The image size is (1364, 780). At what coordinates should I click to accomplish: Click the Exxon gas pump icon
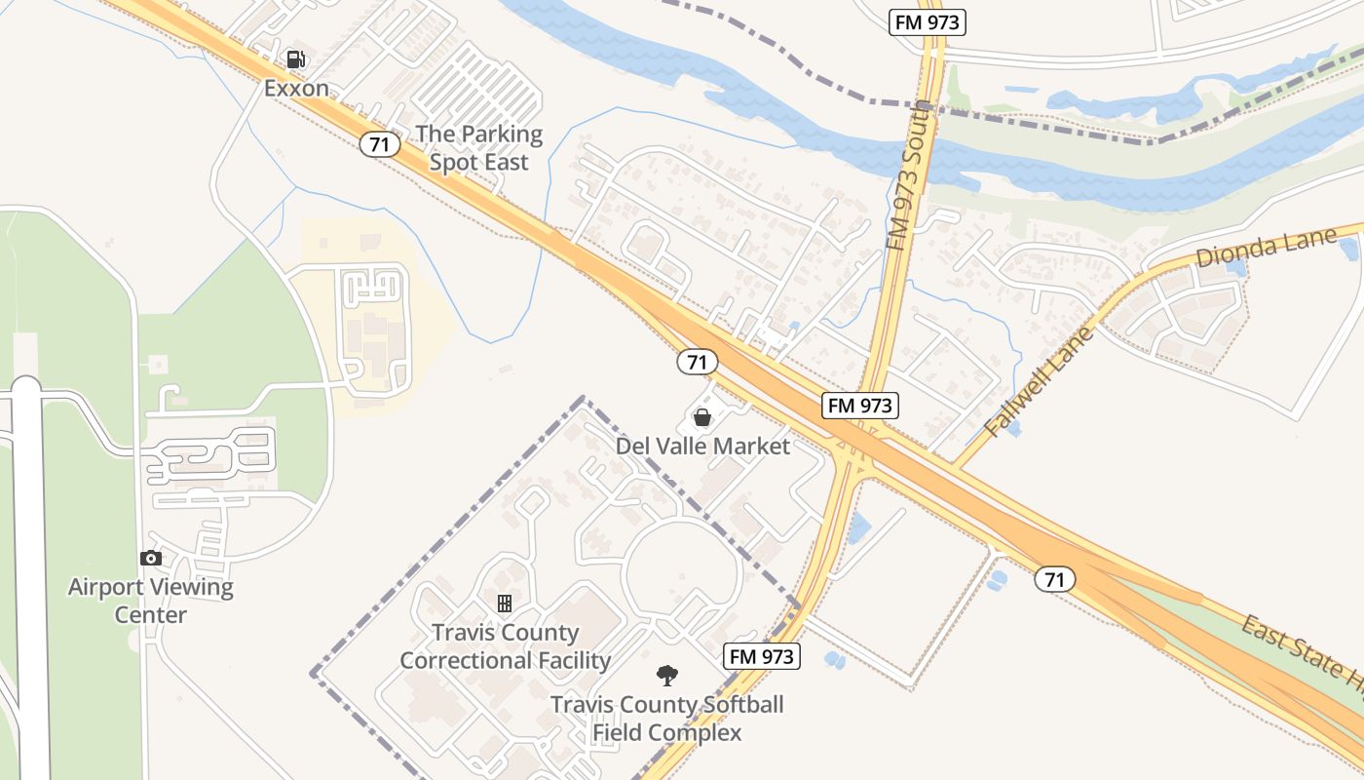click(296, 60)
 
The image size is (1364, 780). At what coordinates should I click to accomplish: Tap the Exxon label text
click(296, 89)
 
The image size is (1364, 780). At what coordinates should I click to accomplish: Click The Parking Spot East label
click(479, 148)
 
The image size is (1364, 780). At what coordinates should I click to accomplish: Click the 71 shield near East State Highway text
click(1054, 579)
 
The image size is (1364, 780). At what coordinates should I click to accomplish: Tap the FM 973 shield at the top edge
click(927, 22)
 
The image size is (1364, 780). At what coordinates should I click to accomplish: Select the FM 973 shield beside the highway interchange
click(859, 406)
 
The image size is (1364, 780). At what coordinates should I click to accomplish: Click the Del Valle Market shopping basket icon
click(701, 418)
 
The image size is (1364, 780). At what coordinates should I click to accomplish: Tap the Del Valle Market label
click(702, 447)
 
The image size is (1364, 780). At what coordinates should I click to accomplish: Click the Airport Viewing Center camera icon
click(150, 558)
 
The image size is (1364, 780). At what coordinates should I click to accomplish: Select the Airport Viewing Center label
click(150, 601)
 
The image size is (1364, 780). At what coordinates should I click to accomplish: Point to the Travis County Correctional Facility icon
click(505, 604)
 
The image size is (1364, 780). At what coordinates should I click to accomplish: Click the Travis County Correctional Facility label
click(505, 646)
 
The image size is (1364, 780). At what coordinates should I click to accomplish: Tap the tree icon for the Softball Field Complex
click(667, 675)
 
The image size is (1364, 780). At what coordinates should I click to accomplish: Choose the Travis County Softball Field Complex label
click(667, 719)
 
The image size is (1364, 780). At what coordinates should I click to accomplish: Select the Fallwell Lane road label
click(1040, 382)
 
